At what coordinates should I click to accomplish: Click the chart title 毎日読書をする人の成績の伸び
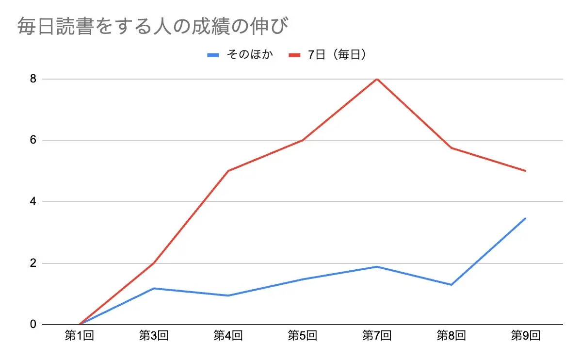tap(153, 27)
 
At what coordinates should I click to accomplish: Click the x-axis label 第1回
tap(79, 335)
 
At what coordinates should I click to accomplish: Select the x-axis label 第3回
tap(154, 335)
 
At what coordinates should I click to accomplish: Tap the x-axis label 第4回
tap(228, 335)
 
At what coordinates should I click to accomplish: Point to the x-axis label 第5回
tap(303, 335)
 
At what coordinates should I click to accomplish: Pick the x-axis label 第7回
tap(377, 335)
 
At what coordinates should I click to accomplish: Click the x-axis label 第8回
tap(451, 335)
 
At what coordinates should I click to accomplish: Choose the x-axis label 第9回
tap(526, 335)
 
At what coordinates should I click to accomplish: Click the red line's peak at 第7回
tap(377, 79)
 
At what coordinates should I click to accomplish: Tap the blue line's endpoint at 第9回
tap(526, 218)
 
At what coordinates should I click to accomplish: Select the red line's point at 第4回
tap(228, 171)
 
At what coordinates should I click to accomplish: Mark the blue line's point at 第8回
tap(451, 285)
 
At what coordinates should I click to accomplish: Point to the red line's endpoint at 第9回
tap(526, 171)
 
